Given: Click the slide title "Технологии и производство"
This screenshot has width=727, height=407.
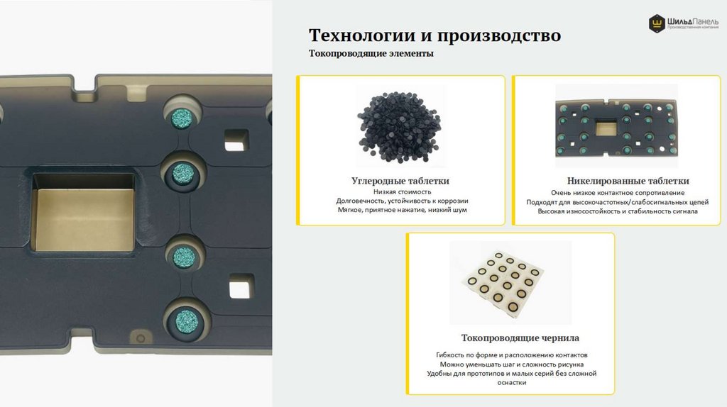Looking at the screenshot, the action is [x=434, y=35].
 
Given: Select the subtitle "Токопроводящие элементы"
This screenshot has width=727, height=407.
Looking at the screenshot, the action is [x=371, y=53].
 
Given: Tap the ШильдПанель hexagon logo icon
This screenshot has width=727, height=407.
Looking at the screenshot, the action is [x=657, y=23].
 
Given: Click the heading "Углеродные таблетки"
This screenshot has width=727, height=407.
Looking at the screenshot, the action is [x=400, y=181].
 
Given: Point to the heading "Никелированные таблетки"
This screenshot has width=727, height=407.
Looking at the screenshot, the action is [x=628, y=181].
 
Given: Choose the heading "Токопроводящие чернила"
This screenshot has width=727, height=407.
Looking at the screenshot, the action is [x=520, y=338].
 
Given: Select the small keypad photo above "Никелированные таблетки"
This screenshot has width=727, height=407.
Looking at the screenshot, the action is [x=616, y=126].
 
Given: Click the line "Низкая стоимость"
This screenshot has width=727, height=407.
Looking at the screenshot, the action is [x=402, y=191].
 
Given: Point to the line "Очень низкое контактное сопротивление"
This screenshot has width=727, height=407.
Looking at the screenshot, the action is [x=618, y=193].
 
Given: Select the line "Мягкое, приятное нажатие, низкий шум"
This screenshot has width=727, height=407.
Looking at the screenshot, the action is [x=402, y=210].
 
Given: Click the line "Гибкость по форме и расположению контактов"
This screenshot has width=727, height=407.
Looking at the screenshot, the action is [x=511, y=355].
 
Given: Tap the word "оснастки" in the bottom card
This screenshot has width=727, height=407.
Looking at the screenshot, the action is [x=511, y=382].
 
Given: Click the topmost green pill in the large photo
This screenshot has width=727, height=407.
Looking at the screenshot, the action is [x=182, y=118].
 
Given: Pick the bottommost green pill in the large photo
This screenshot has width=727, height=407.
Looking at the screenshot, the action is [x=187, y=321].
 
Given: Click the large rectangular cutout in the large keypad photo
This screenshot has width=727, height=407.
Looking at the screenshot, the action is [x=84, y=213].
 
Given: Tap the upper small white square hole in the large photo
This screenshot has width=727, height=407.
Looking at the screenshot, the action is [x=236, y=140].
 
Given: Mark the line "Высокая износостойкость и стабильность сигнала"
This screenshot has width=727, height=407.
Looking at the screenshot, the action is [x=618, y=211].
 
